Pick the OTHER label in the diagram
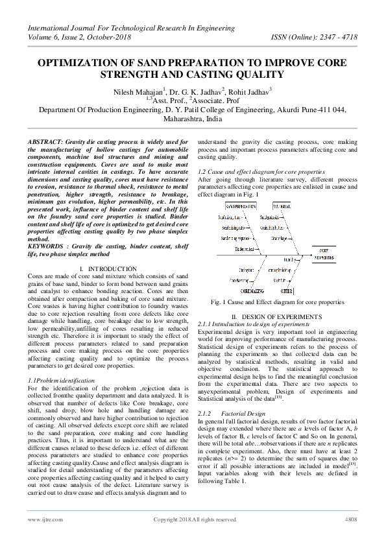(287, 291)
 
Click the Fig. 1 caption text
(277, 302)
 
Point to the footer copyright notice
(195, 519)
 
